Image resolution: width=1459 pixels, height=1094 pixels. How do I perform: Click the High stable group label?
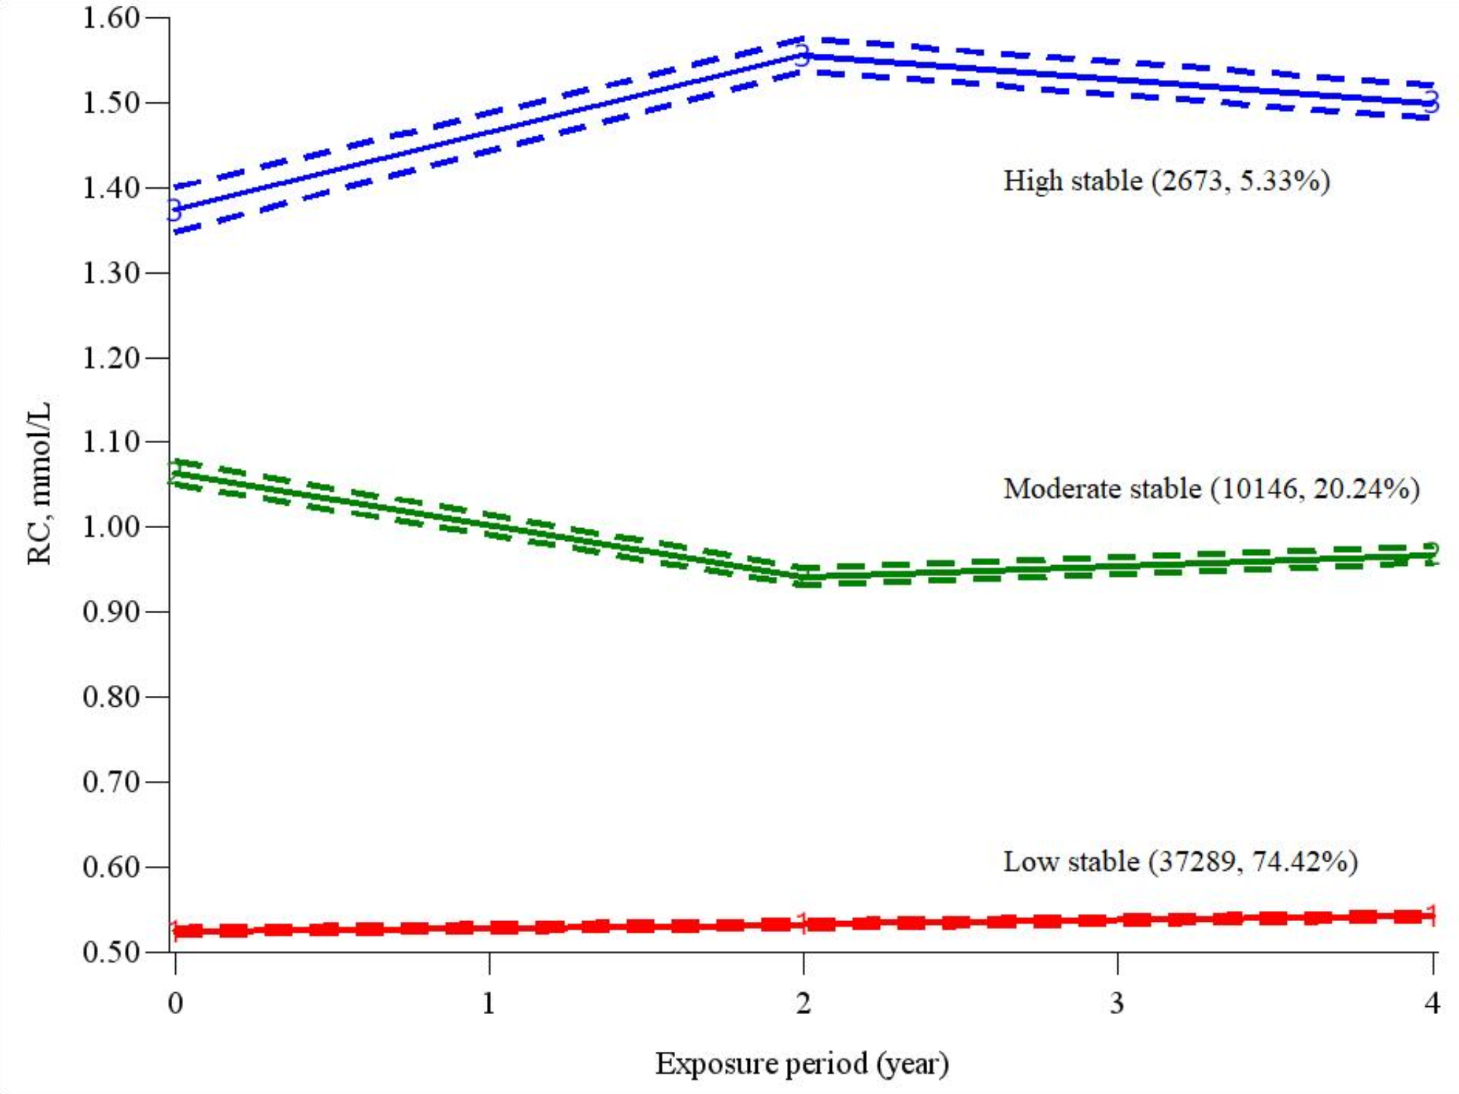coord(1166,181)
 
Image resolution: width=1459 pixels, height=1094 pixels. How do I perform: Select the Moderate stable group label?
coord(1211,489)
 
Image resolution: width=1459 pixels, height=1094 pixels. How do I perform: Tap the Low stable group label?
coord(1180,862)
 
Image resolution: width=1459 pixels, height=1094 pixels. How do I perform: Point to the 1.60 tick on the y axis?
coord(110,18)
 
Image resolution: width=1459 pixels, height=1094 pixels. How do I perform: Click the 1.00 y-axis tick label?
coord(110,527)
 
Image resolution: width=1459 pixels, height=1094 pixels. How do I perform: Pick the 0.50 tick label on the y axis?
coord(110,952)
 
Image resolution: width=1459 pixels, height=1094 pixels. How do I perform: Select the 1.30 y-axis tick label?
coord(110,273)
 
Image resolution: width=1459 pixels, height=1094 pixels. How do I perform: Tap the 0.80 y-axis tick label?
coord(110,697)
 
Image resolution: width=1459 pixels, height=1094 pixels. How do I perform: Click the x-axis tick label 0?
coord(175,1004)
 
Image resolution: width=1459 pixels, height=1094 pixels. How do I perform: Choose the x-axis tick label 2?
coord(803,1004)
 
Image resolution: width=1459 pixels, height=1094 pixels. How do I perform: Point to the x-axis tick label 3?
coord(1117,1004)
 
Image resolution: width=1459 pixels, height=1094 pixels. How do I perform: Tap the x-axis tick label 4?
coord(1431,1004)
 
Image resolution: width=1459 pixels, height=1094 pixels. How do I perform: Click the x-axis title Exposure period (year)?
coord(802,1063)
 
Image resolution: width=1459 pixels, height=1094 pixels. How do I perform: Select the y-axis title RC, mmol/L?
coord(39,483)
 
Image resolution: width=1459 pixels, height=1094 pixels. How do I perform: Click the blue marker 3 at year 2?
coord(802,55)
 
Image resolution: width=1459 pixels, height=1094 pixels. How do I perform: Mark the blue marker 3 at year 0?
coord(174,211)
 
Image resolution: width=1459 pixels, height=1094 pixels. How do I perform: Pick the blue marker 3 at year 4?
coord(1431,102)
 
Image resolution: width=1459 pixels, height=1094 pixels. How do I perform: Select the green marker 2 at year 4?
coord(1431,554)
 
